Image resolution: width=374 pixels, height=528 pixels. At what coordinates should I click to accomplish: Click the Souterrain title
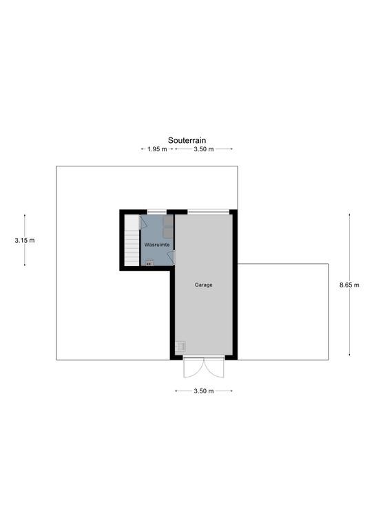pyautogui.click(x=187, y=140)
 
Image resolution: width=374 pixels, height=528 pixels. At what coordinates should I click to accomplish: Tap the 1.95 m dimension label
pyautogui.click(x=157, y=149)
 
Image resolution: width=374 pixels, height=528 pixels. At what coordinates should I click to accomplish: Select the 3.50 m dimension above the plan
pyautogui.click(x=204, y=149)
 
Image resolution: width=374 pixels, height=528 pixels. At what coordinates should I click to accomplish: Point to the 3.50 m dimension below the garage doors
pyautogui.click(x=204, y=391)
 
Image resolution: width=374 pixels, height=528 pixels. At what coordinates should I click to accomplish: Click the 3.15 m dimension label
pyautogui.click(x=25, y=241)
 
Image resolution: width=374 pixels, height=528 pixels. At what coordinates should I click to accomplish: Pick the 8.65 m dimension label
pyautogui.click(x=349, y=285)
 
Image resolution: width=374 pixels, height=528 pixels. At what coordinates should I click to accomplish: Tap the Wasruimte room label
pyautogui.click(x=157, y=245)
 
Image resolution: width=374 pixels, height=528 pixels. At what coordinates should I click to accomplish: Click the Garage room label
pyautogui.click(x=204, y=285)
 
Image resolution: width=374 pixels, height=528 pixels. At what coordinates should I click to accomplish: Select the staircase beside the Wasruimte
pyautogui.click(x=132, y=241)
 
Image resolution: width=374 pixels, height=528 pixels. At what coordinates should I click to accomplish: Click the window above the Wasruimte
pyautogui.click(x=157, y=212)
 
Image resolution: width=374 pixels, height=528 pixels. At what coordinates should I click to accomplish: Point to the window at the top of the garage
pyautogui.click(x=209, y=212)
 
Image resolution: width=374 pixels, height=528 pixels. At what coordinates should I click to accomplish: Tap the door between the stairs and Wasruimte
pyautogui.click(x=142, y=222)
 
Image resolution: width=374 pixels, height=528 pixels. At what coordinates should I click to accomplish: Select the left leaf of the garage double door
pyautogui.click(x=194, y=367)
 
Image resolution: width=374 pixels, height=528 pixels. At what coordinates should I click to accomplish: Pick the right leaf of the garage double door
pyautogui.click(x=214, y=367)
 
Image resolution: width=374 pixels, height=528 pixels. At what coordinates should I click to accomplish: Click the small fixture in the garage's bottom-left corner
pyautogui.click(x=180, y=346)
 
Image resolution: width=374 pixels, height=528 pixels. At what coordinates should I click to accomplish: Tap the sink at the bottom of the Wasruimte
pyautogui.click(x=149, y=263)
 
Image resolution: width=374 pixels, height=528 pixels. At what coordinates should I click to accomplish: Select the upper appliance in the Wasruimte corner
pyautogui.click(x=168, y=221)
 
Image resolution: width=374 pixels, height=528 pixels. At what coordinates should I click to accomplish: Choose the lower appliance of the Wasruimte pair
pyautogui.click(x=168, y=233)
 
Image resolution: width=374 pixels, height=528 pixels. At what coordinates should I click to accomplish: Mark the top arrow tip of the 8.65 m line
pyautogui.click(x=349, y=214)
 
